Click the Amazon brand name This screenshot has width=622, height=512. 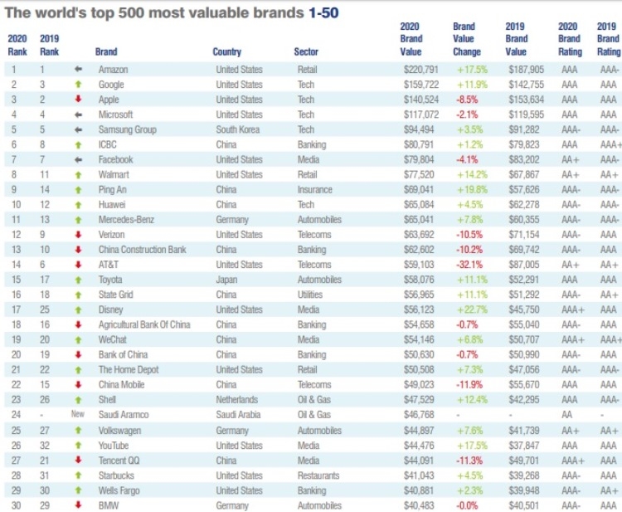click(x=113, y=70)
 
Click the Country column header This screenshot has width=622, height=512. click(x=226, y=51)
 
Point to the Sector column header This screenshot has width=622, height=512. click(x=306, y=51)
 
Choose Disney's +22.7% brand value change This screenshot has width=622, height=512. click(x=469, y=308)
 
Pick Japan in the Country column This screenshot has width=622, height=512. click(x=226, y=279)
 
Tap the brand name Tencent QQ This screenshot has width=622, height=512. click(x=120, y=461)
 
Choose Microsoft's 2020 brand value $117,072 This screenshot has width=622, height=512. click(x=418, y=115)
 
